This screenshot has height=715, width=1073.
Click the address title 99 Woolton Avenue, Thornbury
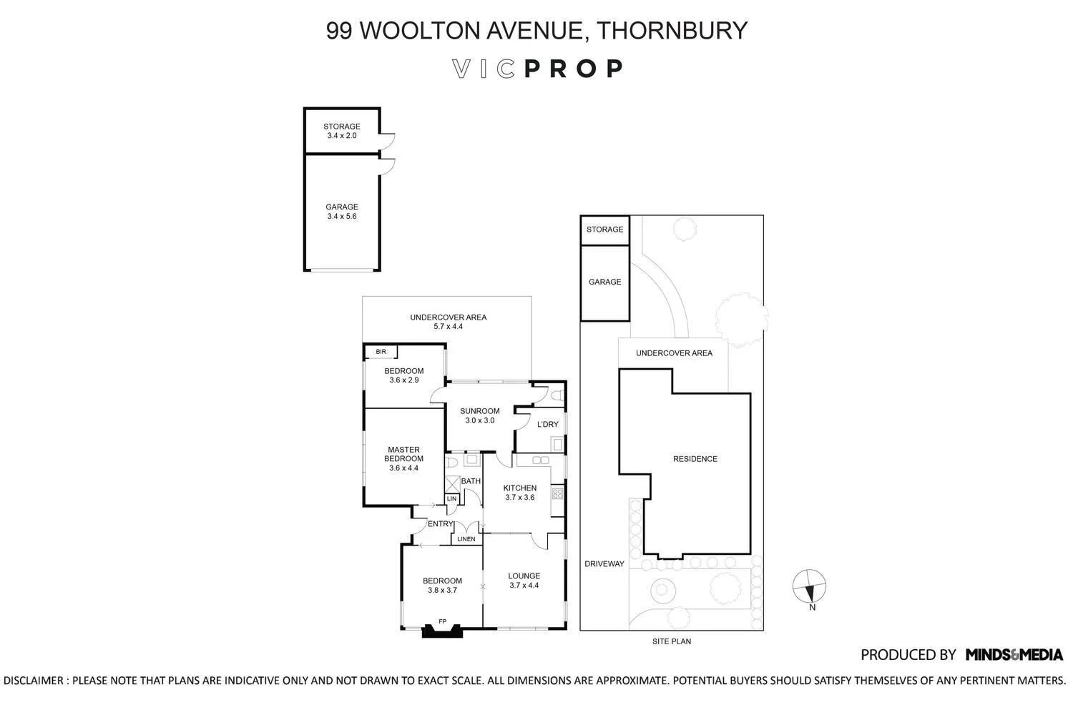[x=536, y=31]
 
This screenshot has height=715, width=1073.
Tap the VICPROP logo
[x=536, y=69]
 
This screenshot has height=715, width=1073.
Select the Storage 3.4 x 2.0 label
[x=341, y=131]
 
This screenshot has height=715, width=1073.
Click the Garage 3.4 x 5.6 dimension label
[x=341, y=212]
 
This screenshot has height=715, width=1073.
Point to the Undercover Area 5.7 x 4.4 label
[x=448, y=322]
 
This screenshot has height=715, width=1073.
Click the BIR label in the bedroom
[x=381, y=352]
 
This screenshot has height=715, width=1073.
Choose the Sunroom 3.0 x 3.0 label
[x=479, y=415]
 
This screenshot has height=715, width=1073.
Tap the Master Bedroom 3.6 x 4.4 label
[x=403, y=459]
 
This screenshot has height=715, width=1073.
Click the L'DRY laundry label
[x=547, y=425]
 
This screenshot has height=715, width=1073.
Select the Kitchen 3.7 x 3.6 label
[x=519, y=493]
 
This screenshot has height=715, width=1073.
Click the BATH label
[x=471, y=481]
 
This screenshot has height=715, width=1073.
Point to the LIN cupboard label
[x=451, y=499]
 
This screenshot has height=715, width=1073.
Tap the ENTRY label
[x=440, y=524]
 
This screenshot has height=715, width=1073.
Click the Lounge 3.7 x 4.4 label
[x=524, y=581]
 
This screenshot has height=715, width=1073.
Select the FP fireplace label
[x=442, y=621]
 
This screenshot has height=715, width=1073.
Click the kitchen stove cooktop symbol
[x=557, y=493]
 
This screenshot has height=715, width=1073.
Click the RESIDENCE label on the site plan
[x=695, y=459]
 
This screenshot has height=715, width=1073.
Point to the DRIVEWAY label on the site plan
[x=604, y=564]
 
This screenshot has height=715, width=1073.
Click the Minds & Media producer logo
[x=1014, y=654]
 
